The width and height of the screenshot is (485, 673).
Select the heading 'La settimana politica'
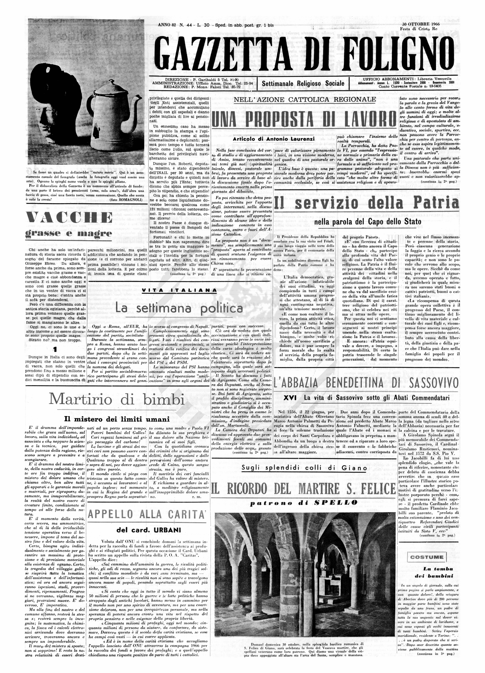tap(179, 309)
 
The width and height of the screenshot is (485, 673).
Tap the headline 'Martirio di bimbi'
tap(117, 399)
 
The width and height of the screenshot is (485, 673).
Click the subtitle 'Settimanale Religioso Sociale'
tap(303, 83)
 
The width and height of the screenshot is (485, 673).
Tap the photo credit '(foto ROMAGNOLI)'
tap(126, 200)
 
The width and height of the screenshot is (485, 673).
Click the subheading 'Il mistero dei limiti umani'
tap(117, 419)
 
